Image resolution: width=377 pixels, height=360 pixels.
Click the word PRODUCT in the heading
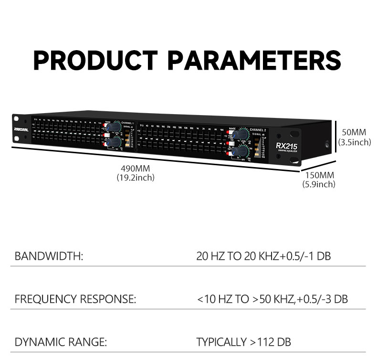[95, 61]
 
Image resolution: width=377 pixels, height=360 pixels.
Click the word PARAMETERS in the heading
[255, 61]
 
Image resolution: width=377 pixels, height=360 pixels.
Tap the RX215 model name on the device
[286, 146]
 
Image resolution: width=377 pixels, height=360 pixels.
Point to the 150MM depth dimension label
[319, 175]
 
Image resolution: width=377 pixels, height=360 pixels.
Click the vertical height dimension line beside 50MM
[336, 139]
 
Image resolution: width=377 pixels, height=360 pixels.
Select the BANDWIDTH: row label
[49, 256]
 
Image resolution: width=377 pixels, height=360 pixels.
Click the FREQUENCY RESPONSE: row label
[75, 299]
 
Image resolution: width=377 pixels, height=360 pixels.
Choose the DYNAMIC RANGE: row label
[61, 342]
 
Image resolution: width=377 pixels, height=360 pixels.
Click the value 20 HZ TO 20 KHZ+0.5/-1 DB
[263, 256]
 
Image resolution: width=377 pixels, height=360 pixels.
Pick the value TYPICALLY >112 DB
[243, 342]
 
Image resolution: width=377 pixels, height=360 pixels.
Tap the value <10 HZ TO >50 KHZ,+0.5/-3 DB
[272, 299]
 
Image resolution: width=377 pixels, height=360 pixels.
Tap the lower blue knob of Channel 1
[115, 141]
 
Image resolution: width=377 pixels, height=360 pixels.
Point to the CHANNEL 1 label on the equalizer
[128, 123]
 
